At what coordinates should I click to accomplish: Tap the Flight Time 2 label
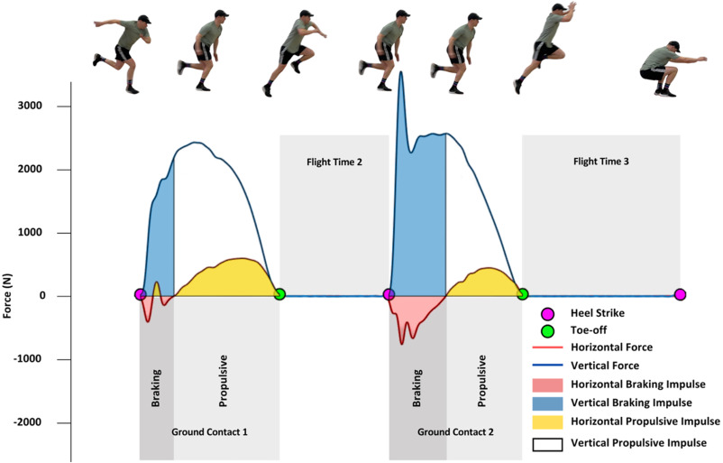334,162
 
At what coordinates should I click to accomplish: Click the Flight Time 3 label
601,162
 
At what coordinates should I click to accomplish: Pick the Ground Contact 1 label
209,432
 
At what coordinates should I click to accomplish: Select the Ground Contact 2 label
455,432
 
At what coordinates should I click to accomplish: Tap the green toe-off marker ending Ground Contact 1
279,294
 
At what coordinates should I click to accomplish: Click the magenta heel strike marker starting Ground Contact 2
389,294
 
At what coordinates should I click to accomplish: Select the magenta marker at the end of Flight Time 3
680,294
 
